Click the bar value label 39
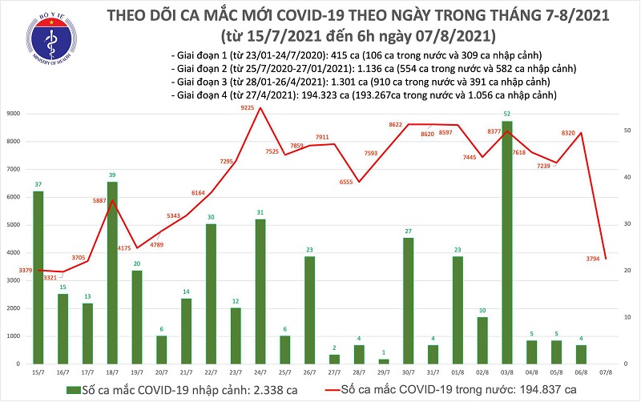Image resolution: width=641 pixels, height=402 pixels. point(112,175)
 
